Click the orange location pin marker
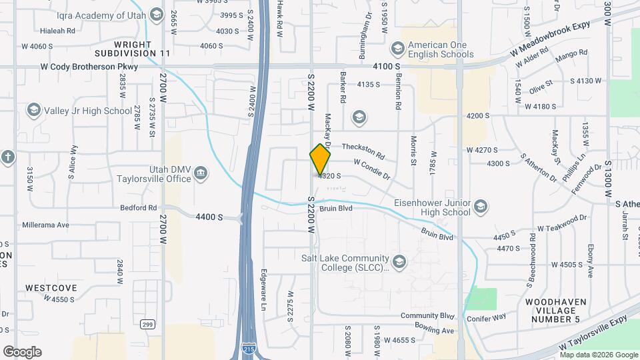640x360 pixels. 321,160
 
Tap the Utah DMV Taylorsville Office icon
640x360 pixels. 200,175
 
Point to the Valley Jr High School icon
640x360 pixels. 33,110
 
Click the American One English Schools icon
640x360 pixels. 398,47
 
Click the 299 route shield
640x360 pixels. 147,324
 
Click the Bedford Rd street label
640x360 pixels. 138,208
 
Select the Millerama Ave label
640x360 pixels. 45,225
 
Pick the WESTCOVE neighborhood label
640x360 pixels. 51,288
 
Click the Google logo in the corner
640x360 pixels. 22,351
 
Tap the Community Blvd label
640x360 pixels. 427,316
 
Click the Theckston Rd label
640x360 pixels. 363,151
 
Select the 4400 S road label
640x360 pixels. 209,217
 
